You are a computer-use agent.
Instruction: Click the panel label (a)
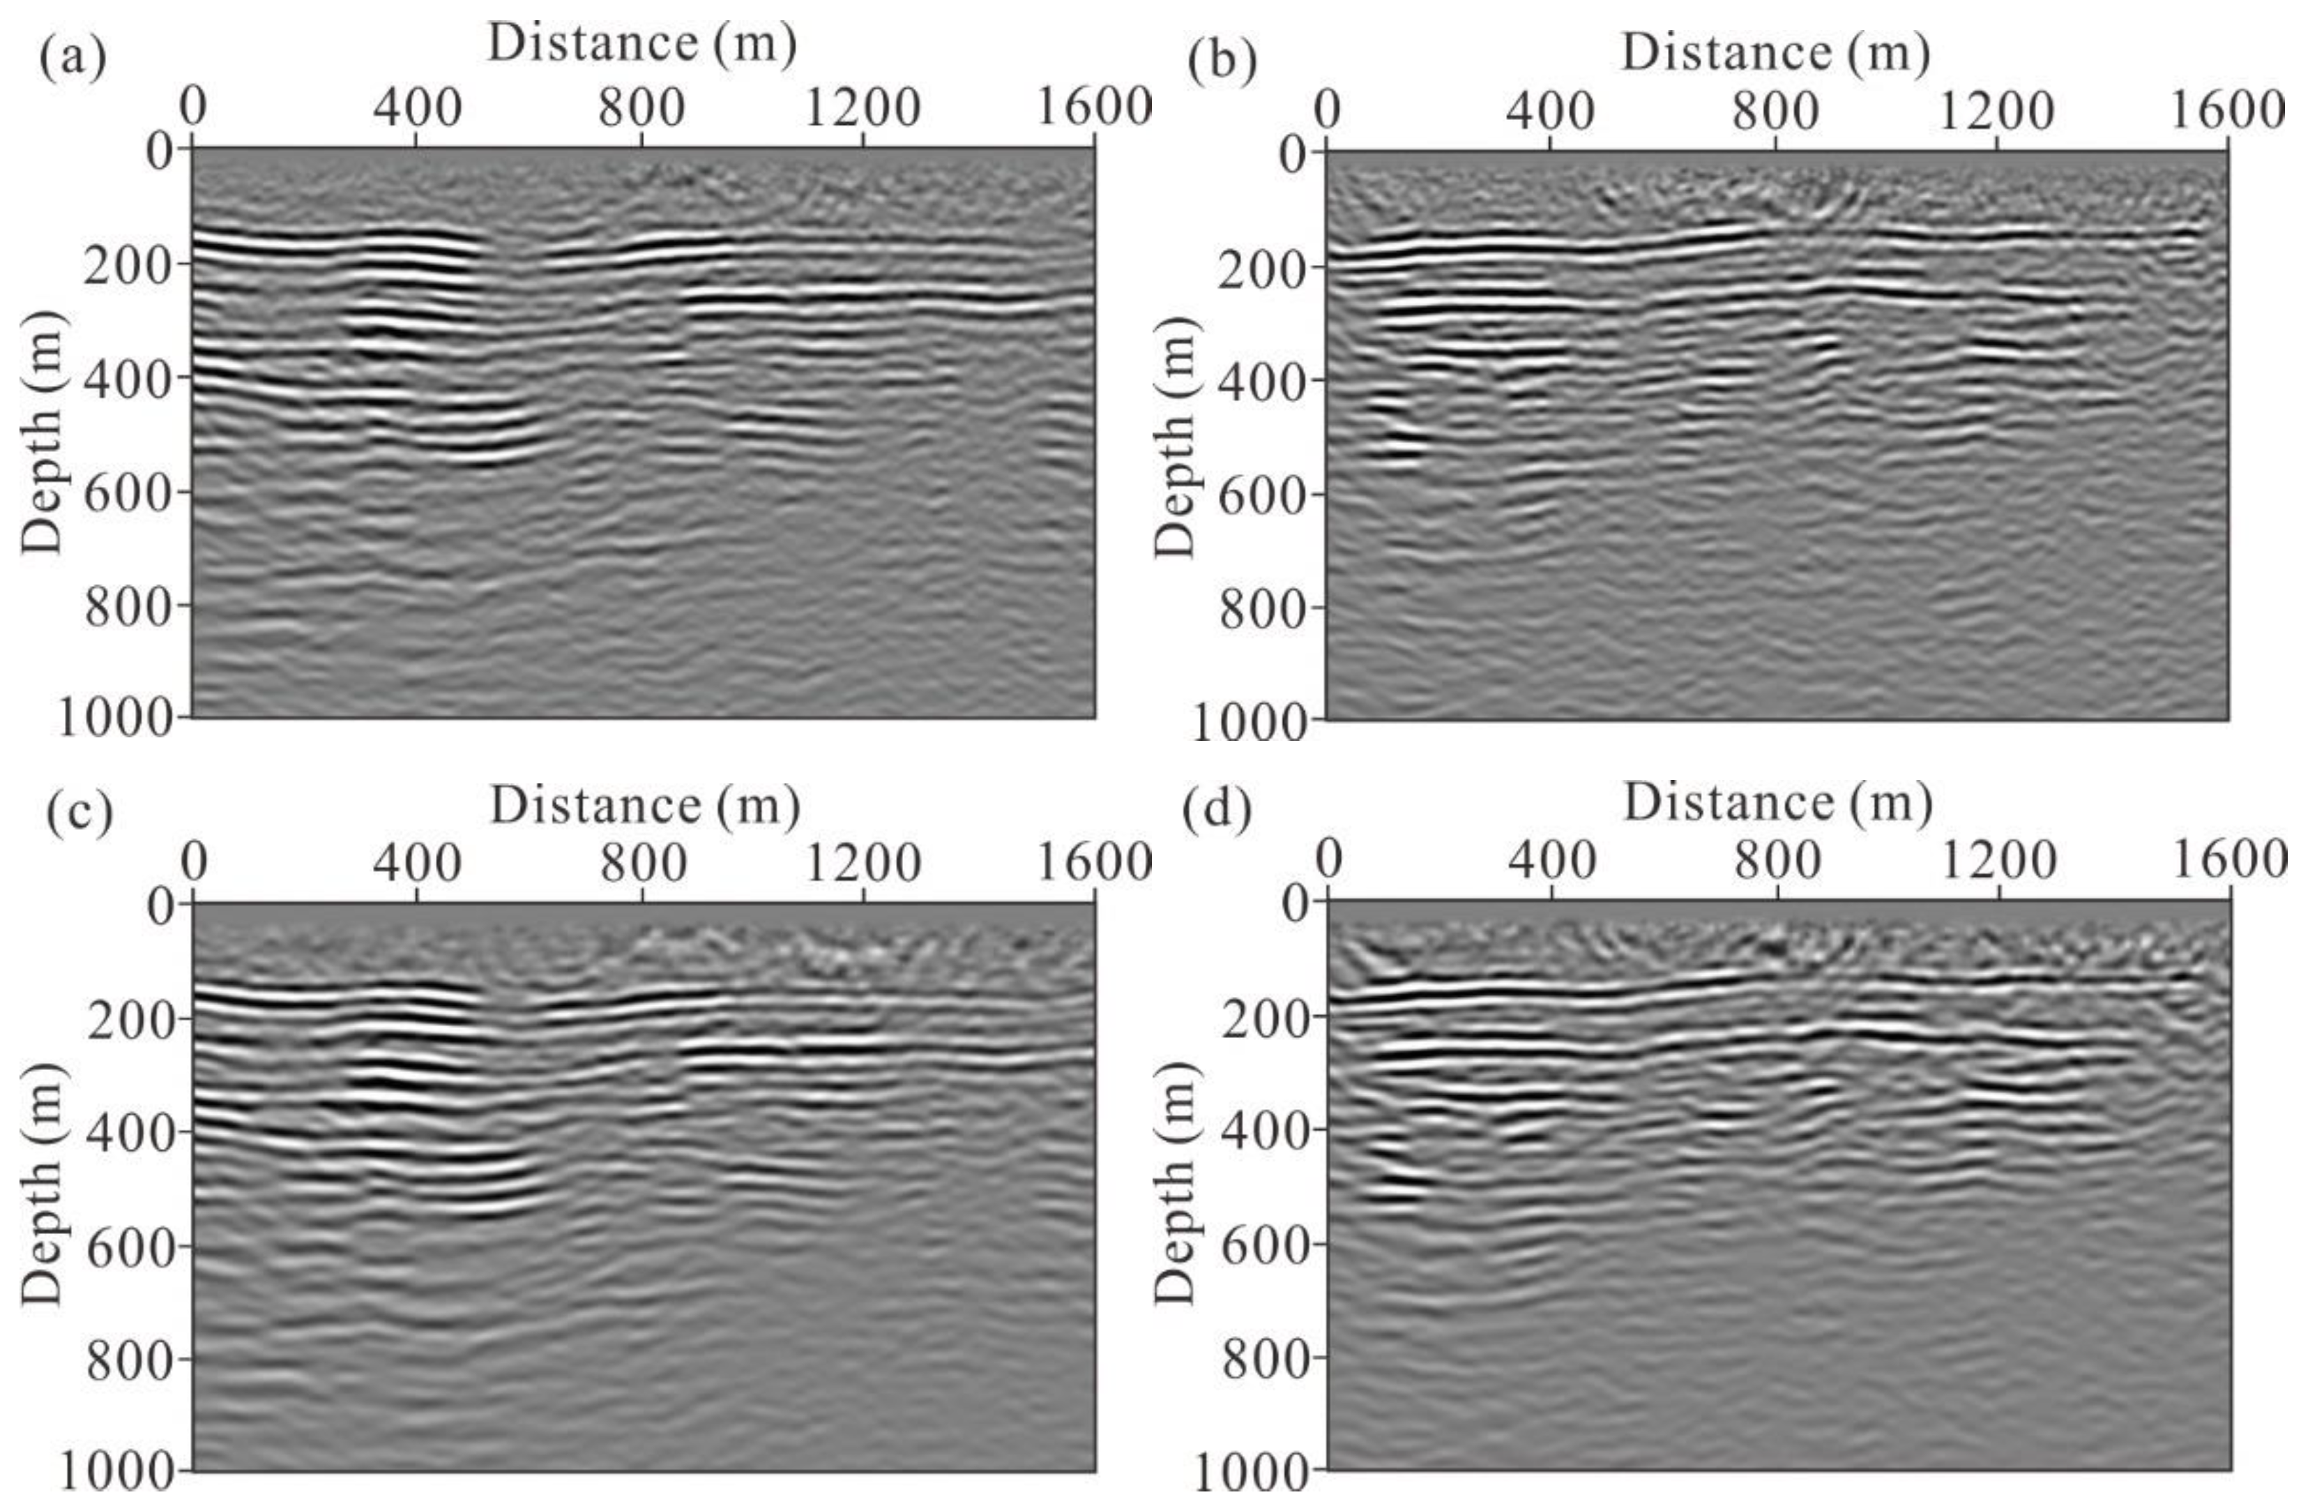[x=71, y=57]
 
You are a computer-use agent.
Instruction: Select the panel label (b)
[x=1222, y=61]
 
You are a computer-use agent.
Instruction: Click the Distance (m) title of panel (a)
[x=642, y=44]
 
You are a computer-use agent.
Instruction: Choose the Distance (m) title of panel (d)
[x=1778, y=804]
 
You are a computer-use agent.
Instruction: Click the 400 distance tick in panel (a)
[x=417, y=108]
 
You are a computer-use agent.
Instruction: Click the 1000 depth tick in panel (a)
[x=115, y=719]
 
